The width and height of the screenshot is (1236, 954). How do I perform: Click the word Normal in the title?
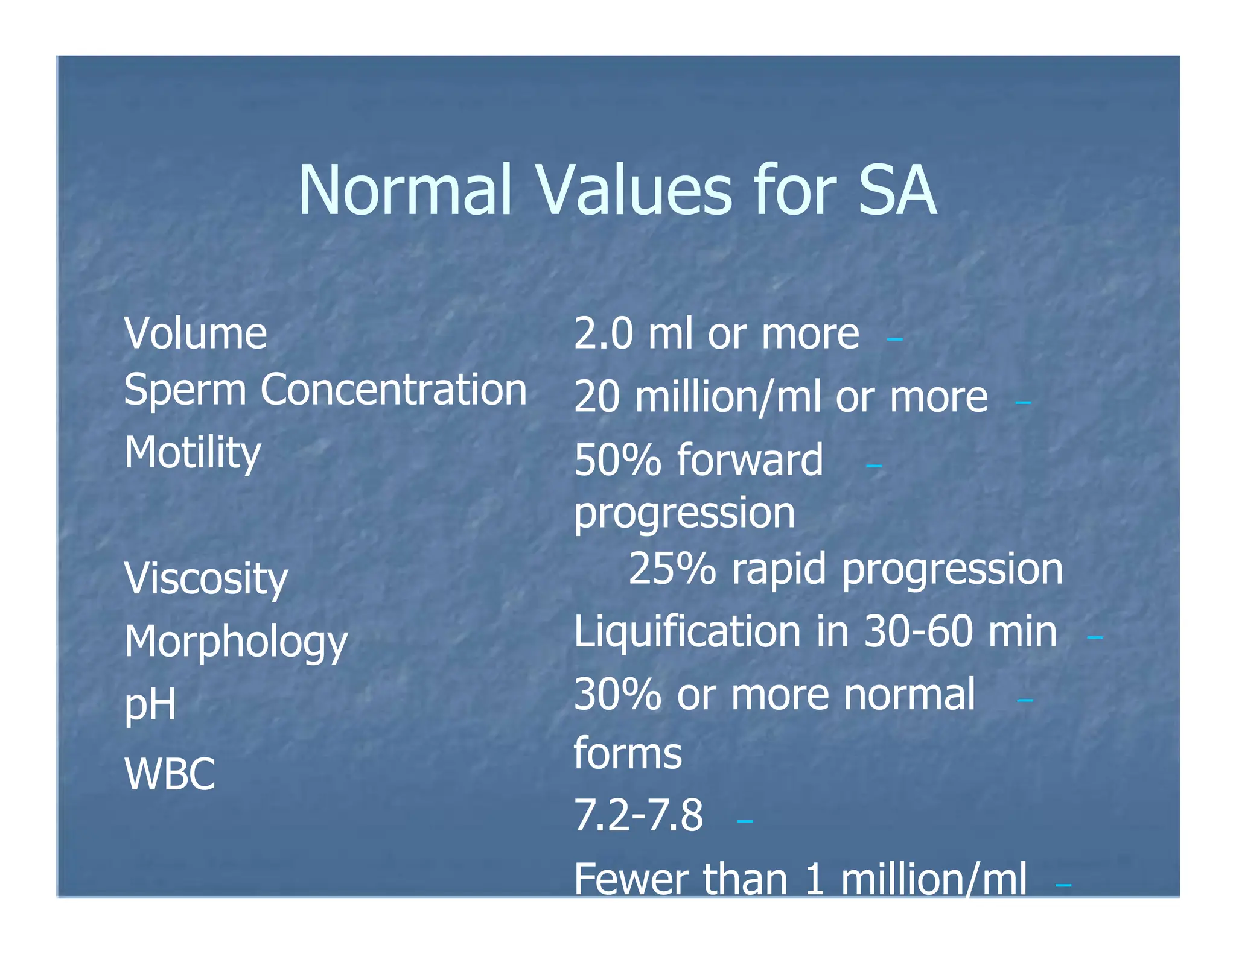point(405,191)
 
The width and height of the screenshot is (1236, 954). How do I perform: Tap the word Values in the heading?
point(634,191)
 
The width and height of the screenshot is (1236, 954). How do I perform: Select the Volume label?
point(196,333)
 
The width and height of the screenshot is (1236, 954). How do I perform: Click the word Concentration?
point(393,390)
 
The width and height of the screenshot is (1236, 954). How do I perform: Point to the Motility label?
point(193,452)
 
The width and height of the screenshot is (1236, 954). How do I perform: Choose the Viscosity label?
point(206,578)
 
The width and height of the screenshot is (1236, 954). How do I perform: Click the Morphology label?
point(236,642)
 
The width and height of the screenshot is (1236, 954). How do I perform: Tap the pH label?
point(150,704)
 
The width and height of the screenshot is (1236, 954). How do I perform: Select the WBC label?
point(170,774)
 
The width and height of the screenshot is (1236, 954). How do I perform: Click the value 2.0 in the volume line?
point(604,333)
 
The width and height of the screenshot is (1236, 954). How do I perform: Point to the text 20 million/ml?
point(697,397)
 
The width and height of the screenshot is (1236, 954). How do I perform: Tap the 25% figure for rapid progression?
point(672,569)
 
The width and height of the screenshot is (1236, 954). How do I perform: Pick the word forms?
point(628,753)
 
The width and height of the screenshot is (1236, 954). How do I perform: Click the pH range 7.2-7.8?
point(639,815)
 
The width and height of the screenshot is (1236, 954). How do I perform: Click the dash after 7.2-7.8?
point(745,821)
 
